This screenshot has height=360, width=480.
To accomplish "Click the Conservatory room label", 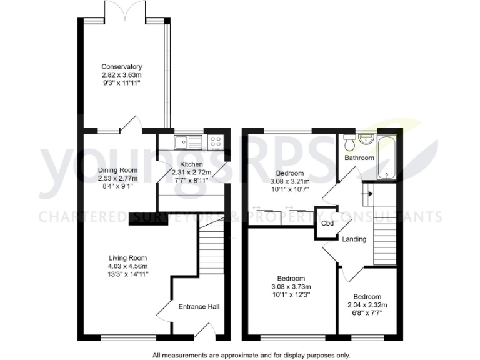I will click(122, 66).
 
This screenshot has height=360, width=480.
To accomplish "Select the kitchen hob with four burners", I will click(216, 142).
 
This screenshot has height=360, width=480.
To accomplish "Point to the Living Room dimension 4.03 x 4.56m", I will click(127, 266).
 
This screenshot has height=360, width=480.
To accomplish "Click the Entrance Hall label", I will click(199, 306).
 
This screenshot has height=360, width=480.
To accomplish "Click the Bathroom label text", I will click(359, 158).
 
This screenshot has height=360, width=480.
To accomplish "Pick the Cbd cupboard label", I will click(326, 223).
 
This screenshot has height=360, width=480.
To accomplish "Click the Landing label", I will click(353, 239).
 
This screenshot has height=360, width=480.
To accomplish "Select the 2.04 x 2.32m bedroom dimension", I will click(366, 305).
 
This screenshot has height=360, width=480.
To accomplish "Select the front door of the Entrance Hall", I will click(206, 332).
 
